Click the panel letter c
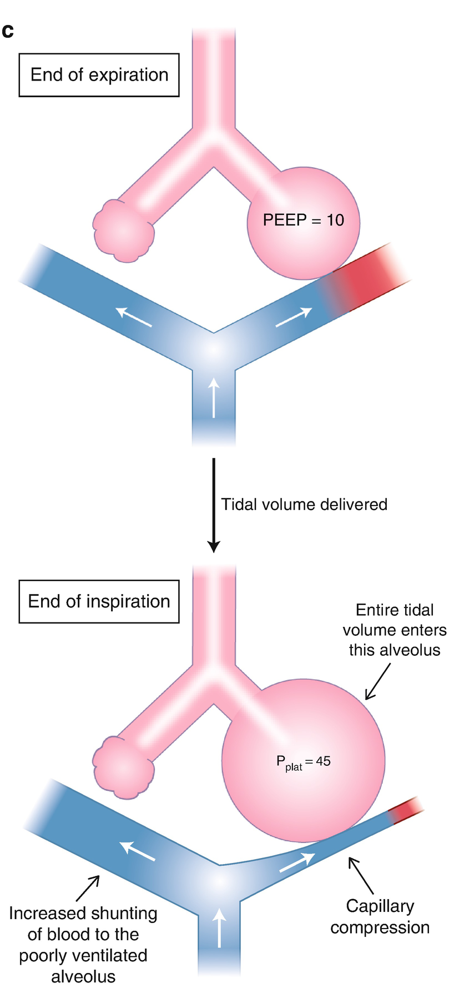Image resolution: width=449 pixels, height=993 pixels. (x=8, y=31)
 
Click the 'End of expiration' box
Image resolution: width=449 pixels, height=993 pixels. (x=99, y=75)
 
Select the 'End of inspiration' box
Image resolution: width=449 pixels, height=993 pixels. (x=99, y=601)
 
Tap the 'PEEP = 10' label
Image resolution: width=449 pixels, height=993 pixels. (x=303, y=220)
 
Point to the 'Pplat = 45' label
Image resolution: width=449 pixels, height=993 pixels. (x=303, y=761)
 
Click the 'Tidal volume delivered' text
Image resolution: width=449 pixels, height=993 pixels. (x=304, y=504)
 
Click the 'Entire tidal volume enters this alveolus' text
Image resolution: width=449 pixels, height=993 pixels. (x=394, y=630)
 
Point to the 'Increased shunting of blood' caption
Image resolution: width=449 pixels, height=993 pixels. (x=83, y=945)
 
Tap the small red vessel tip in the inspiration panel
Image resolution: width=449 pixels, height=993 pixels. (x=407, y=810)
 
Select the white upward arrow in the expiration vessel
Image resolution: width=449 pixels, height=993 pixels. (x=214, y=397)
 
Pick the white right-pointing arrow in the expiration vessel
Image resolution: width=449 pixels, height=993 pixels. (x=293, y=318)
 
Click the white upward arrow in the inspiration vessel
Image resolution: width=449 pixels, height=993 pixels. (x=220, y=927)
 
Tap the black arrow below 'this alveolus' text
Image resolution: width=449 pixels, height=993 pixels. (x=377, y=682)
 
